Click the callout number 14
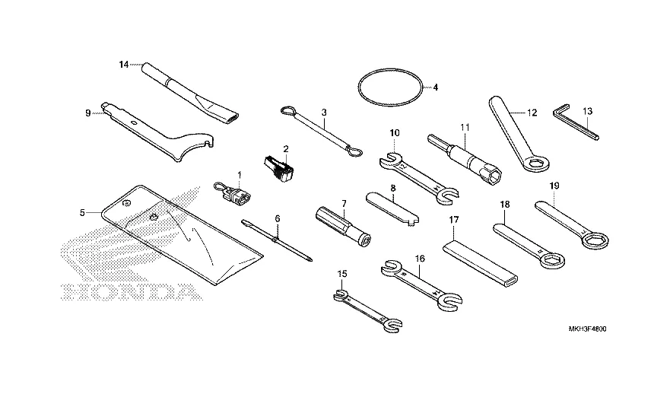[124, 65]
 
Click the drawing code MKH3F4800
[591, 329]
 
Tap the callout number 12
[532, 112]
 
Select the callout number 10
[394, 132]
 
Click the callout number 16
[419, 259]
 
